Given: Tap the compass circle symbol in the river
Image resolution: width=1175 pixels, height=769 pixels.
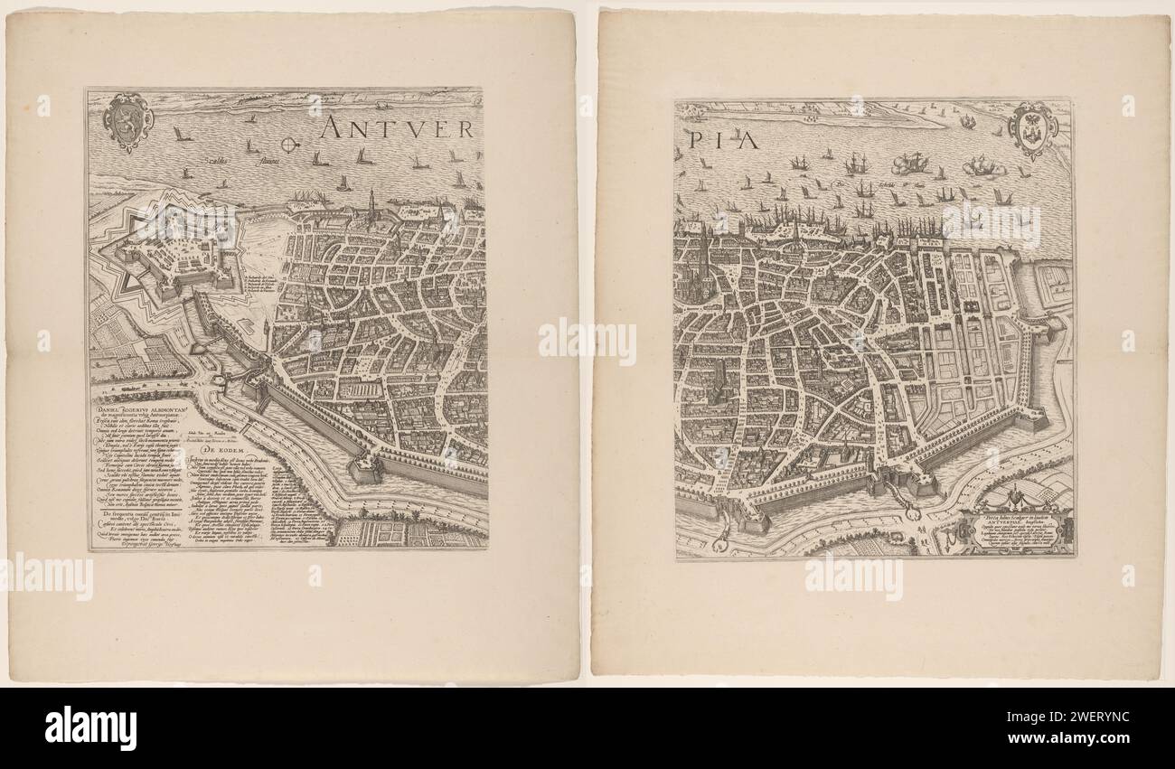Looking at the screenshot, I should (289, 144).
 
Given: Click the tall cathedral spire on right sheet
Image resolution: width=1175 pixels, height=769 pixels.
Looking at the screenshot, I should (703, 249).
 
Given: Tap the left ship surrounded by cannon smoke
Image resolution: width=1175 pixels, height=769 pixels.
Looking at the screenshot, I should (909, 164).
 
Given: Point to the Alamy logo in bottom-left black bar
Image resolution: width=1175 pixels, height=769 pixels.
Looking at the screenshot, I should (90, 727).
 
